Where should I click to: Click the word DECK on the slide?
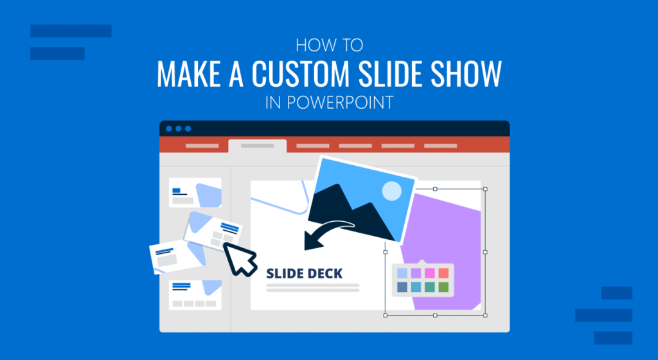click(x=322, y=273)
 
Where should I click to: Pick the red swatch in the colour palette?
click(x=443, y=273)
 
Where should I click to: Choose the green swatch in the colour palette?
click(x=443, y=287)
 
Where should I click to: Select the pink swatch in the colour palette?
click(x=429, y=273)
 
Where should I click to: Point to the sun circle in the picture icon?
click(x=391, y=191)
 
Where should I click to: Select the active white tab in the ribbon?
click(x=257, y=146)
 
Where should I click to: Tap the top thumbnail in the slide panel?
click(x=195, y=192)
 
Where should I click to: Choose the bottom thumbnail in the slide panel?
click(x=195, y=294)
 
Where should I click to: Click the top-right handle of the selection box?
click(x=485, y=189)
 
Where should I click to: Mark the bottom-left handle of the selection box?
click(x=386, y=315)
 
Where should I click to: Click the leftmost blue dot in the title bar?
click(x=169, y=129)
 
